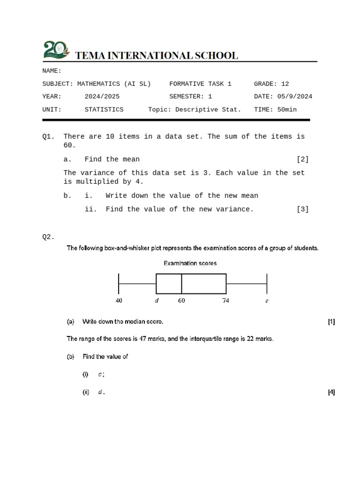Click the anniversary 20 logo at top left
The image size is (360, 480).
pos(55,50)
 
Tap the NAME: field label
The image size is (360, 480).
pos(52,71)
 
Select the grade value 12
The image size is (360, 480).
pos(285,84)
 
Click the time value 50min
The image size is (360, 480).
pos(287,109)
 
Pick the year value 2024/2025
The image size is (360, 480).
pos(102,97)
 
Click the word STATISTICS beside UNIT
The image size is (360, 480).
pos(104,109)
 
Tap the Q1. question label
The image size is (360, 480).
pos(48,136)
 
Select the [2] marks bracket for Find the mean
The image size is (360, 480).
pos(302,159)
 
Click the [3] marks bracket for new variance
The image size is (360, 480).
pos(302,210)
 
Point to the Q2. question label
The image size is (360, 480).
pos(48,237)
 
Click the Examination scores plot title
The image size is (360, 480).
pos(190,263)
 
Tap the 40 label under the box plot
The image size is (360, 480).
pos(119,300)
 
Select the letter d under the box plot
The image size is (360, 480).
pos(157,300)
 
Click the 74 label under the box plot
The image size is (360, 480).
pos(225,300)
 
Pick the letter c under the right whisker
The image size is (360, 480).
pos(267,301)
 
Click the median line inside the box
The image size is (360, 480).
pos(181,284)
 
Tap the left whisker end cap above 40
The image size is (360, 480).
pos(119,284)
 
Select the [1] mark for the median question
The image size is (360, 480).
pos(331,322)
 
